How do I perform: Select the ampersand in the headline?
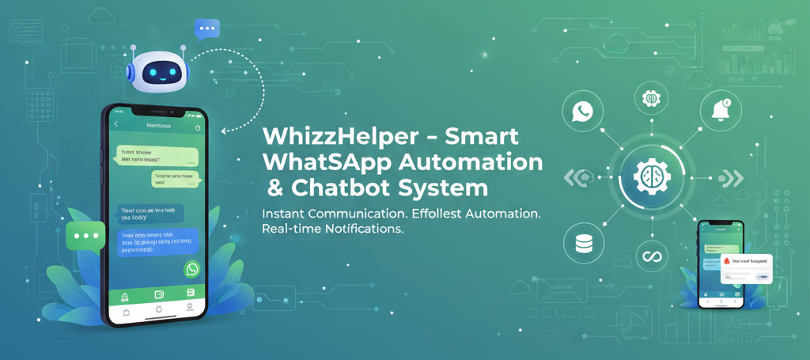(274, 189)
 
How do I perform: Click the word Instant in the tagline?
(286, 214)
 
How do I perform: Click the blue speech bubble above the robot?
(207, 29)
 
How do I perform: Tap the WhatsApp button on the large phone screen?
(192, 270)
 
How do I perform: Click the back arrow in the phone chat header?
(116, 125)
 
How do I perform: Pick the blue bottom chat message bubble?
(158, 243)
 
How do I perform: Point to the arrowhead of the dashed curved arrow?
(225, 131)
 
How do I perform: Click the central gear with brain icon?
(652, 176)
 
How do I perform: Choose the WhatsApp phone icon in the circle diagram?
(583, 111)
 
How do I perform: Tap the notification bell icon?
(721, 111)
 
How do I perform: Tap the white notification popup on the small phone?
(745, 267)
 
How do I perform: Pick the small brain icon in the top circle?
(652, 98)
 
